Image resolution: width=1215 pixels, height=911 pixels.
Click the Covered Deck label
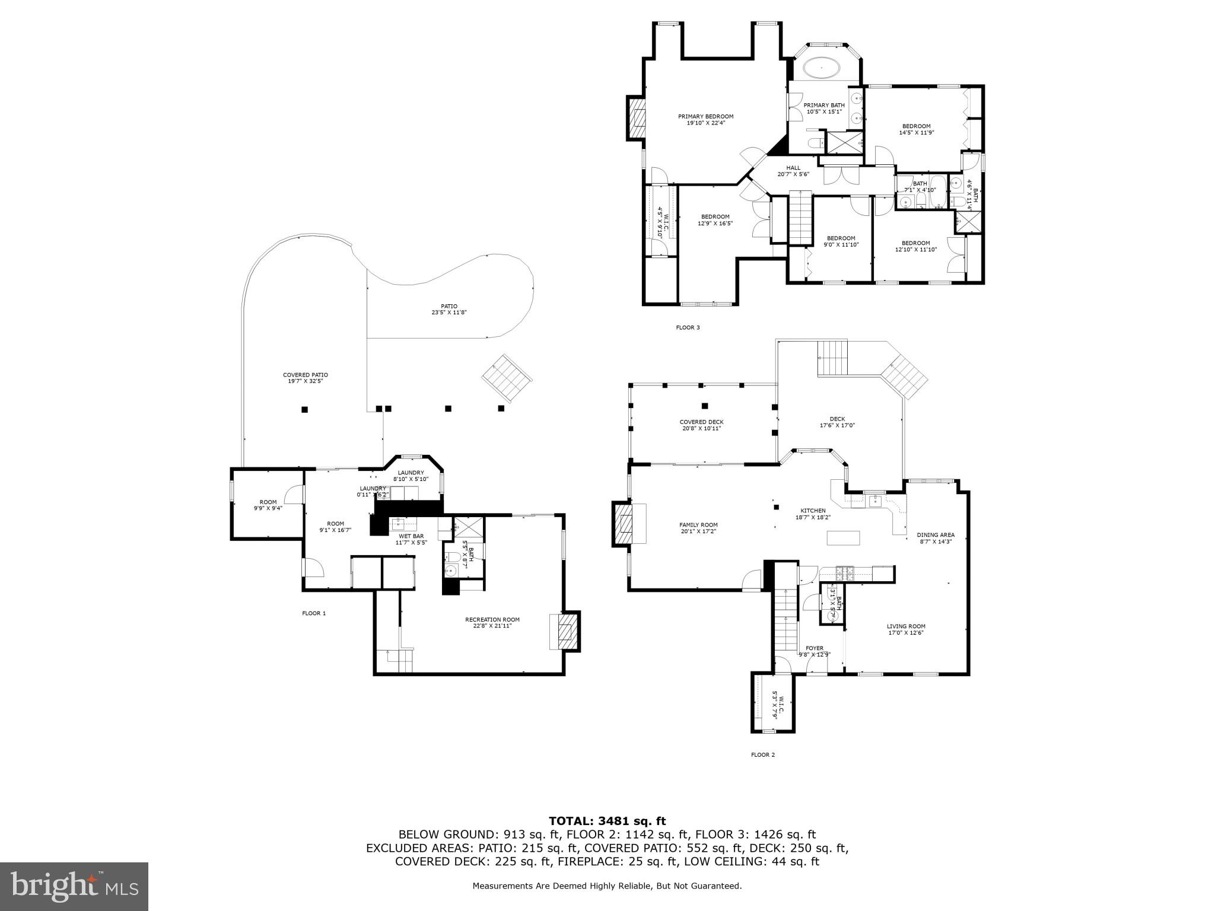pos(701,425)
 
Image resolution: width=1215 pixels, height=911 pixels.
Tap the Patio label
pos(449,309)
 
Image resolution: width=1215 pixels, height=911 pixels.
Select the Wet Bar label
pos(411,539)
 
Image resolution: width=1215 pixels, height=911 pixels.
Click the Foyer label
pos(814,651)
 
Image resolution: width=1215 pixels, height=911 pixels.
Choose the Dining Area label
pos(935,537)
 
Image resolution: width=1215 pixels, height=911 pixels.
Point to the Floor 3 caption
pos(688,327)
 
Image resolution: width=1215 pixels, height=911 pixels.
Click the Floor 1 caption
pos(314,613)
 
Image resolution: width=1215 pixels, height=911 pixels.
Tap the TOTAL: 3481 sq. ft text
pos(607,821)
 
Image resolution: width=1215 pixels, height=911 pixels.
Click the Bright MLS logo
pos(74,886)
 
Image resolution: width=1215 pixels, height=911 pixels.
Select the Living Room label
pos(905,629)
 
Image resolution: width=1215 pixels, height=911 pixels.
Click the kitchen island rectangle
pos(843,538)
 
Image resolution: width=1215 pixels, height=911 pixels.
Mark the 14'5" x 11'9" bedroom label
pos(916,129)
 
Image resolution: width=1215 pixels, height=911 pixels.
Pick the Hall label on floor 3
pos(793,171)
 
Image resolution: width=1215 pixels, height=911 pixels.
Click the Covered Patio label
pos(305,378)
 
